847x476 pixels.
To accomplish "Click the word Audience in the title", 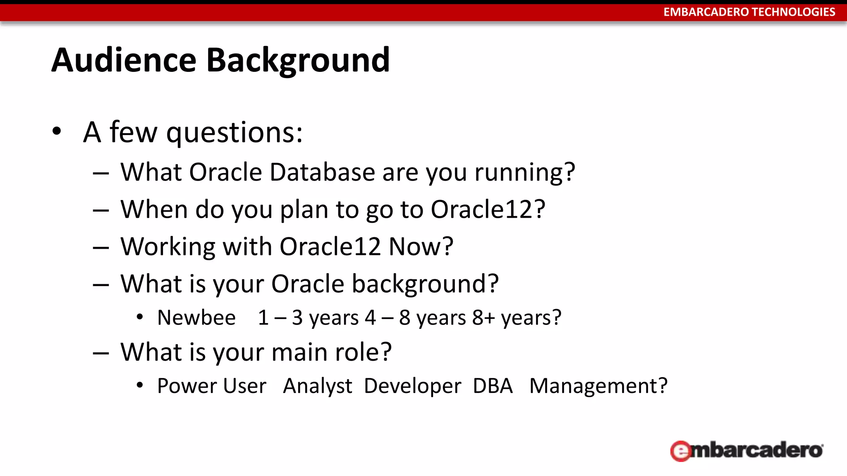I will (x=124, y=60).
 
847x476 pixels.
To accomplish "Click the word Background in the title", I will (x=298, y=61).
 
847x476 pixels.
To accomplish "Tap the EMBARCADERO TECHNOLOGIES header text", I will (x=749, y=12).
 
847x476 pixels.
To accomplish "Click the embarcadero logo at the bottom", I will (x=747, y=450).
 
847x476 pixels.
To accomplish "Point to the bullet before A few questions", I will (x=57, y=132).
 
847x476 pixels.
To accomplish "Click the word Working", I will (x=168, y=247).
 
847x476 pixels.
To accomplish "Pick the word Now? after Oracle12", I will (x=421, y=247).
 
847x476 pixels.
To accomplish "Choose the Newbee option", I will (x=196, y=318).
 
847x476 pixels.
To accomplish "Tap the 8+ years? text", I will (x=517, y=318).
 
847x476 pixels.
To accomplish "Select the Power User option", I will (x=212, y=386).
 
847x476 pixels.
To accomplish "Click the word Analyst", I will (x=317, y=386).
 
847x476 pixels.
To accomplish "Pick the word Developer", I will (x=412, y=386).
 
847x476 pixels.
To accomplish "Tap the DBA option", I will (x=493, y=386).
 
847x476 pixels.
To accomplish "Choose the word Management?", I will (x=598, y=386).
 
